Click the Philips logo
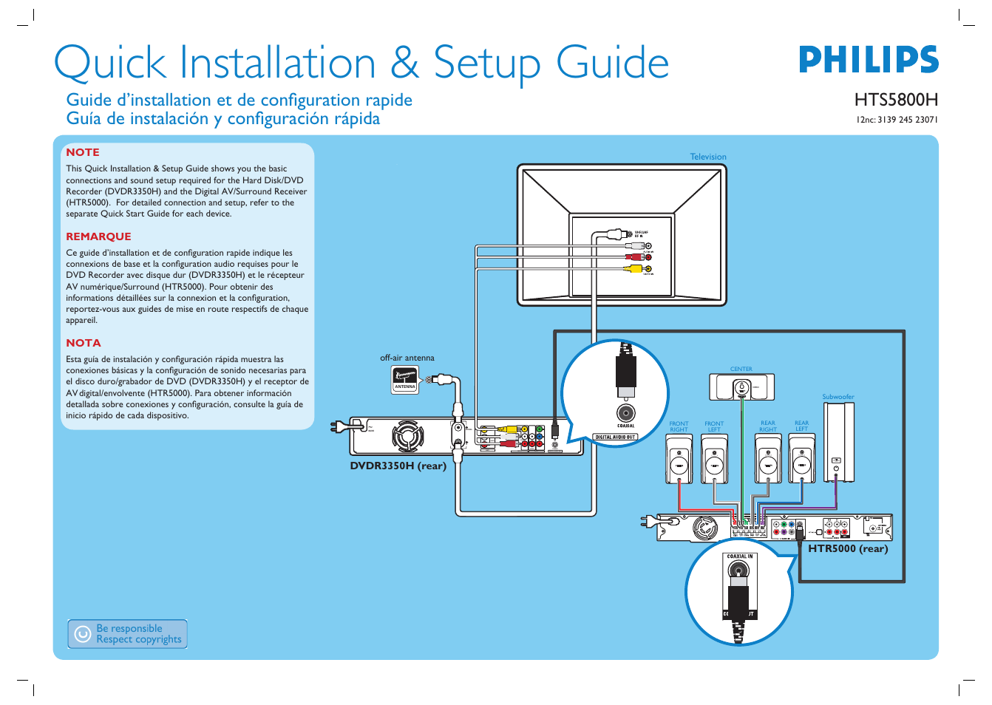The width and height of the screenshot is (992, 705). tap(868, 60)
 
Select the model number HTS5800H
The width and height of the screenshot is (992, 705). tap(896, 100)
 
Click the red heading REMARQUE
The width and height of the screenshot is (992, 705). tap(98, 236)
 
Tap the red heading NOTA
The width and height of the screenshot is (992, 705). tap(84, 343)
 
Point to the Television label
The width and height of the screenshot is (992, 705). tap(707, 157)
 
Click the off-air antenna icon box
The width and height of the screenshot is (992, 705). tap(405, 378)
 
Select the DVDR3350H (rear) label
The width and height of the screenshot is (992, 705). tap(398, 466)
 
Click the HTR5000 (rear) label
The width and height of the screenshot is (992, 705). tap(848, 548)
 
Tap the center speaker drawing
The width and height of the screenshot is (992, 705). tap(741, 387)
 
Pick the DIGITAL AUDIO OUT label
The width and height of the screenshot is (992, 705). tap(615, 437)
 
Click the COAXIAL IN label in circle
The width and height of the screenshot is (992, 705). tap(739, 556)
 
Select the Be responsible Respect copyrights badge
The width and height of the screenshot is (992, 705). tap(127, 634)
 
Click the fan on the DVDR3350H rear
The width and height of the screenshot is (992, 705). tap(407, 436)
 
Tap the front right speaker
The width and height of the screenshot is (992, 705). tap(679, 459)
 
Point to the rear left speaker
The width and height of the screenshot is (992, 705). tap(802, 459)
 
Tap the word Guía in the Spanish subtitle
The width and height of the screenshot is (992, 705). tap(83, 119)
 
